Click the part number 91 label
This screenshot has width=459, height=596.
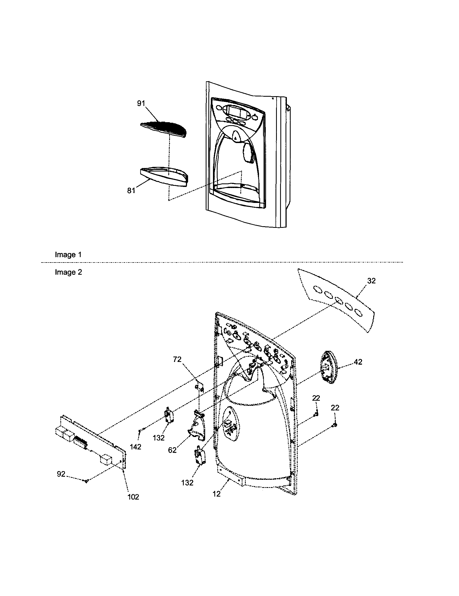[x=141, y=104]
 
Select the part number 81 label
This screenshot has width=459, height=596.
[x=131, y=190]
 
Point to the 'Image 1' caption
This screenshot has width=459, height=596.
[x=68, y=255]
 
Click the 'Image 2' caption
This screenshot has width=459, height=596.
[x=68, y=272]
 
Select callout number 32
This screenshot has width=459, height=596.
[x=371, y=281]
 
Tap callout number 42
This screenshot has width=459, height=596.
[x=358, y=362]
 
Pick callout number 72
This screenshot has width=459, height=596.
[x=177, y=359]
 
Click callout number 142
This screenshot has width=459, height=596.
[x=136, y=447]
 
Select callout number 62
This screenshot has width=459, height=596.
[x=172, y=450]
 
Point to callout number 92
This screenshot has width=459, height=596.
[x=61, y=474]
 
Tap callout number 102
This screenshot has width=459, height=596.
[x=133, y=497]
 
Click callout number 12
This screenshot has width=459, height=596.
[x=217, y=494]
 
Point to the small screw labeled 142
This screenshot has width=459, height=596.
[x=140, y=431]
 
